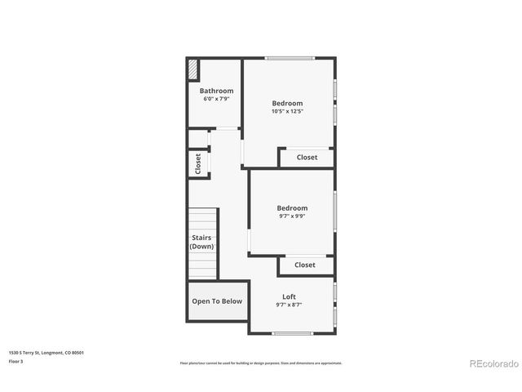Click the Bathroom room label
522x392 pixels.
[x=216, y=91]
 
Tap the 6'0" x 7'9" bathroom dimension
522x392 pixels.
[x=216, y=99]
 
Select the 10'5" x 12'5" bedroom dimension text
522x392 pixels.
[x=287, y=112]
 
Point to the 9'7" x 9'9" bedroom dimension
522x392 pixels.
[x=292, y=216]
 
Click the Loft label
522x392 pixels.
[x=289, y=296]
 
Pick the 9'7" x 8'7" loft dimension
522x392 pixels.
[x=289, y=305]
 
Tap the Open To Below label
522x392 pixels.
[x=217, y=301]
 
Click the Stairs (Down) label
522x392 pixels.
[x=201, y=242]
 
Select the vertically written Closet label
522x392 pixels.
[x=198, y=163]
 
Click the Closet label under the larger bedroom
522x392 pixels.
[x=307, y=158]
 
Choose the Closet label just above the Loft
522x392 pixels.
[x=304, y=265]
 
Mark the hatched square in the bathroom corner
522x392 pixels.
[x=193, y=68]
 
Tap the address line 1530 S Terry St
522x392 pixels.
[x=46, y=353]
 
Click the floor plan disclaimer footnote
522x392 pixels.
[x=261, y=363]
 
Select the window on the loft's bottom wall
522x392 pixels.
[x=292, y=333]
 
